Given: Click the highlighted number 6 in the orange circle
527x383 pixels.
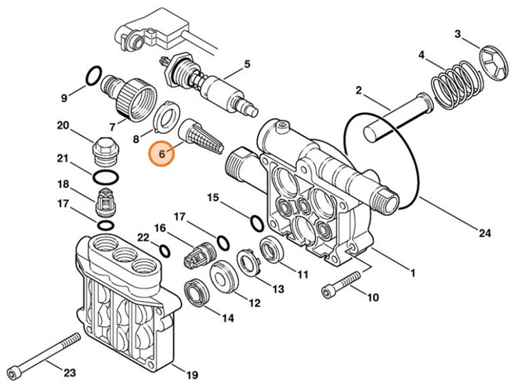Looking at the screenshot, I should tap(161, 154).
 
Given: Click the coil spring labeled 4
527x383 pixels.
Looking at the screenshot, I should tap(455, 79).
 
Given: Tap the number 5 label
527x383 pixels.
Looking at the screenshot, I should tap(247, 65).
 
